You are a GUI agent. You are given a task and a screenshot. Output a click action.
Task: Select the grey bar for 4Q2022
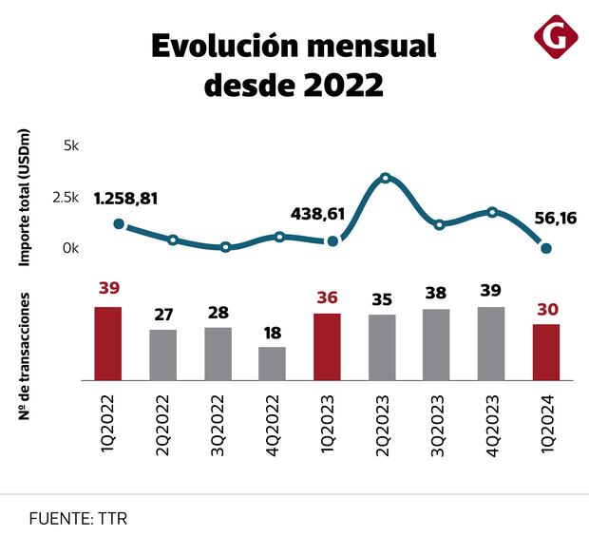point(273,363)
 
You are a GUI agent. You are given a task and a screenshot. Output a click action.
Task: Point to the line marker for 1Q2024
point(546,249)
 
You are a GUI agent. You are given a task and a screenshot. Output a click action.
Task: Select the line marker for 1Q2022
point(119,224)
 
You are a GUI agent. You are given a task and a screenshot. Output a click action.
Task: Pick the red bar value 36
point(327,297)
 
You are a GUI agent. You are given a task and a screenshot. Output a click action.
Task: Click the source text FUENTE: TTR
point(78,519)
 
